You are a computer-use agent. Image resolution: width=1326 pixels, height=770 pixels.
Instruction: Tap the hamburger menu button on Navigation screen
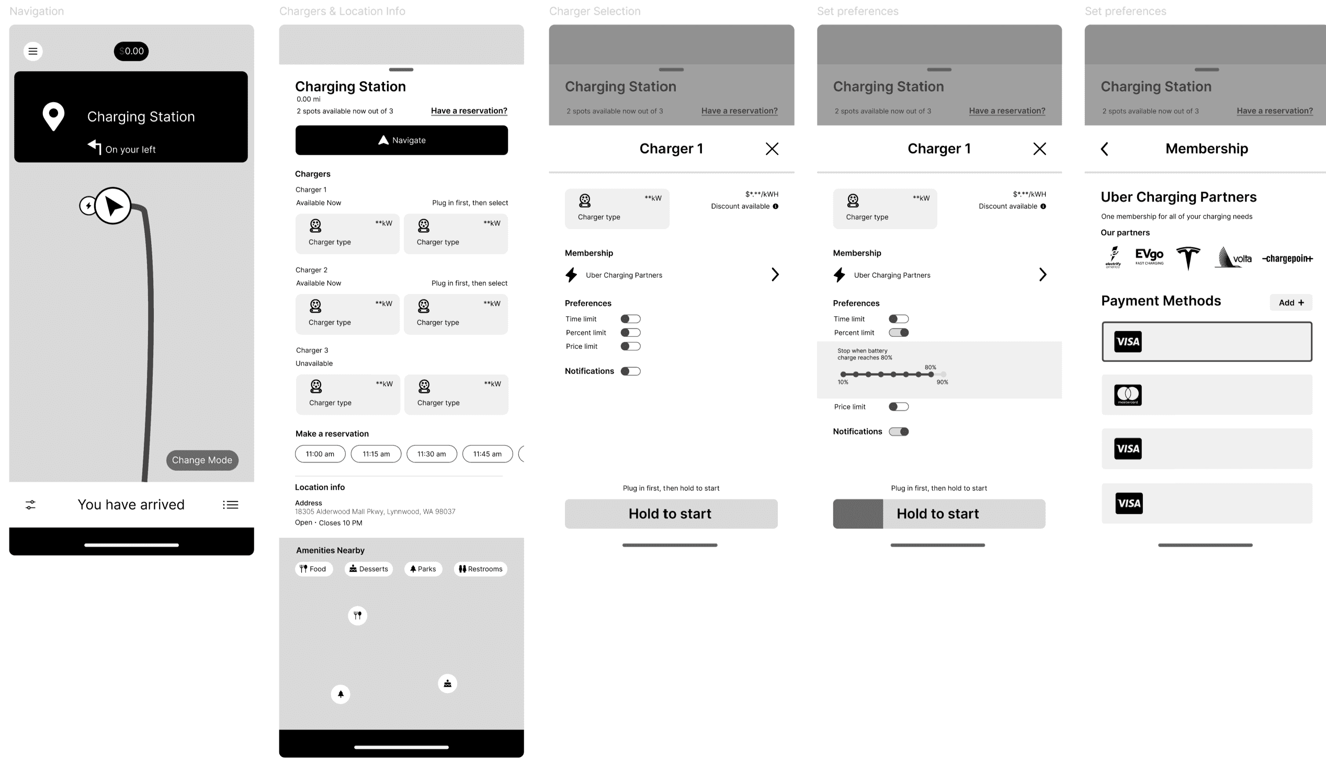(32, 51)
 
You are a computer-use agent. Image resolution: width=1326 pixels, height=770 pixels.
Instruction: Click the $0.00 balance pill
(131, 51)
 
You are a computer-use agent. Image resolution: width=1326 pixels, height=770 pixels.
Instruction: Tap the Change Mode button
(202, 460)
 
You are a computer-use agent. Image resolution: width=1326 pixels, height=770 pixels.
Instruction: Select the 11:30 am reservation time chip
(432, 454)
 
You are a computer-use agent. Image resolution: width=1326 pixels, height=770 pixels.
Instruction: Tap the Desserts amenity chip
(368, 569)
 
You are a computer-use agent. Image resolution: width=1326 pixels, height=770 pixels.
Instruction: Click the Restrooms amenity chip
(480, 569)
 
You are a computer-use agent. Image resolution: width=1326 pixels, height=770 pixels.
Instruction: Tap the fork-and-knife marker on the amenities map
(357, 615)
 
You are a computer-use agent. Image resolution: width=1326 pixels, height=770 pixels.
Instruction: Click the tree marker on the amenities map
(341, 694)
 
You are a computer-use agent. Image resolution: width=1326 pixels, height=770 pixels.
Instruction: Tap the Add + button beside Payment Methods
(1291, 303)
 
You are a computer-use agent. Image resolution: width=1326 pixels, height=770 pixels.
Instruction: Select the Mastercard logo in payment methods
(1128, 395)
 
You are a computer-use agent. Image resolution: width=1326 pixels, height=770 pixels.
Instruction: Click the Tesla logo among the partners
(1187, 258)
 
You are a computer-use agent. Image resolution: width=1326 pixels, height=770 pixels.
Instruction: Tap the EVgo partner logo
(1149, 256)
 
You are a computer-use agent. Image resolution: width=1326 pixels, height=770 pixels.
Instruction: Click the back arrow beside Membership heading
(1104, 149)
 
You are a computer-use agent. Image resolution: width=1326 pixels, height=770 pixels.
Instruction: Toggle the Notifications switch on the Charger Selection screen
(630, 371)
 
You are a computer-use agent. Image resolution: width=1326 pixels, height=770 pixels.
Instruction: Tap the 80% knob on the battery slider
(931, 374)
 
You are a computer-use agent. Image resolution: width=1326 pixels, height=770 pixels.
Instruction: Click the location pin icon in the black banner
(53, 116)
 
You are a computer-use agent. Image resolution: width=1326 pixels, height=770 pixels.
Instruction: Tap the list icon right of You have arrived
(230, 505)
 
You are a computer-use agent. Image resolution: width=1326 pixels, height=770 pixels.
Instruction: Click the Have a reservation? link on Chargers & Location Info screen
(469, 110)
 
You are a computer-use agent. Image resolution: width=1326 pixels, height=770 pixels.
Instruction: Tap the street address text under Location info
(375, 512)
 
